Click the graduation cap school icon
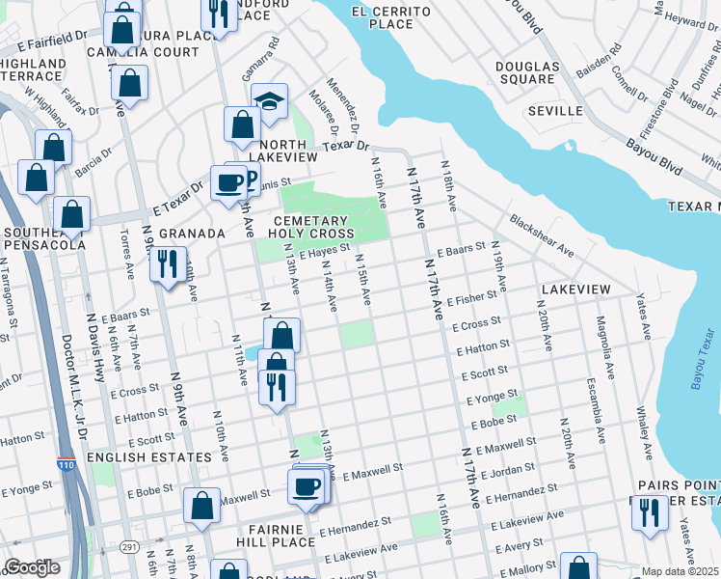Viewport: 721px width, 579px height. (x=270, y=100)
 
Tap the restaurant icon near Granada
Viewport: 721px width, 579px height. (x=168, y=263)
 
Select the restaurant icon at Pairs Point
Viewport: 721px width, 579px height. (x=650, y=512)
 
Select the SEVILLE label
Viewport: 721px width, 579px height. (x=555, y=111)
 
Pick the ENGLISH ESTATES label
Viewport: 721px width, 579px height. (x=148, y=456)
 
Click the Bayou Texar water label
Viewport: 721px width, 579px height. (x=702, y=359)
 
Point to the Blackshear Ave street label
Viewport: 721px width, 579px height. (x=542, y=235)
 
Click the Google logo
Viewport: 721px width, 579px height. (x=32, y=567)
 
